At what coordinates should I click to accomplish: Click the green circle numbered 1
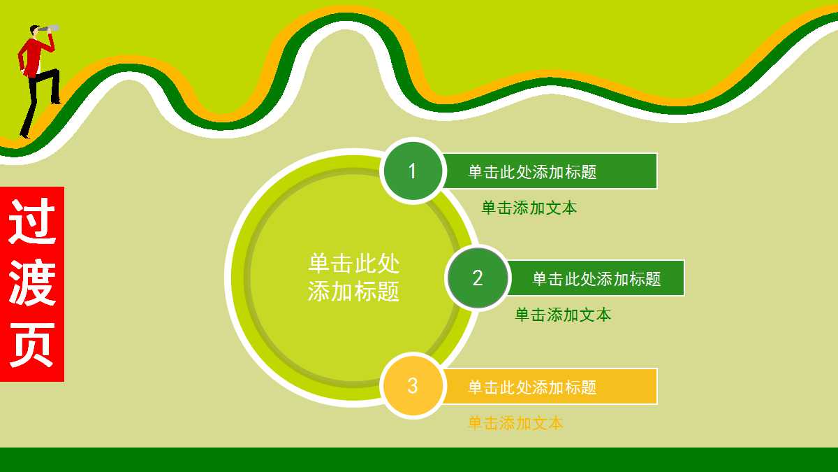click(x=413, y=171)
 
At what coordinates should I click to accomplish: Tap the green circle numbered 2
click(x=478, y=278)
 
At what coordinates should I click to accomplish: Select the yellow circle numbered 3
click(x=413, y=386)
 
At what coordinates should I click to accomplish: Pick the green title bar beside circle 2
click(x=596, y=278)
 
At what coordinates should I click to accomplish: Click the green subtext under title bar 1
click(x=529, y=208)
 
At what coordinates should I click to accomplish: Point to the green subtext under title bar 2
click(x=563, y=315)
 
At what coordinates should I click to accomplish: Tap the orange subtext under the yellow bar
click(x=515, y=423)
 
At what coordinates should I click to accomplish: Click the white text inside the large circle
click(x=354, y=277)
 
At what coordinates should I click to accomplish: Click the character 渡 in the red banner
click(x=32, y=283)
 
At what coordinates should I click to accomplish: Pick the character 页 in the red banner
click(x=32, y=345)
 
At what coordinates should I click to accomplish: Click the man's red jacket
click(x=31, y=56)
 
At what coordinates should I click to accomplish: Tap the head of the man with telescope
click(x=34, y=31)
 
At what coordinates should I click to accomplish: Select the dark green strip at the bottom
click(x=419, y=459)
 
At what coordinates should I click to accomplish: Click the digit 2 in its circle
click(x=478, y=278)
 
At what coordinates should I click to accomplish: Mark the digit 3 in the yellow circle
click(x=413, y=386)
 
